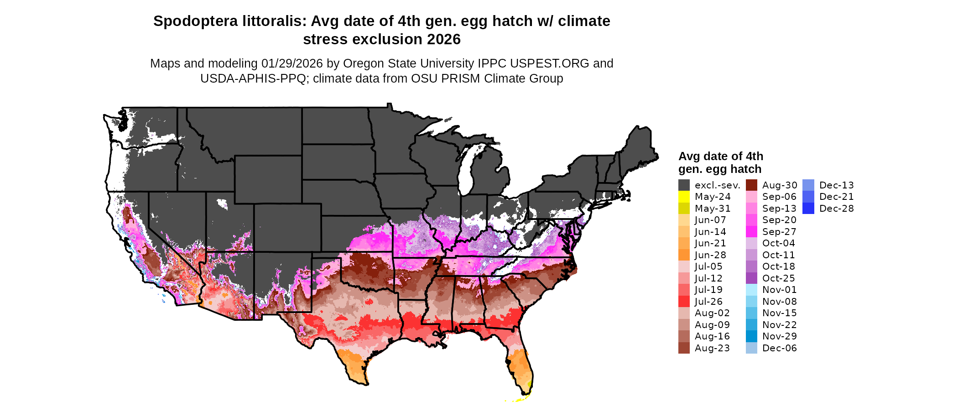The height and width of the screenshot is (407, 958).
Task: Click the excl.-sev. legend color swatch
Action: [x=684, y=185]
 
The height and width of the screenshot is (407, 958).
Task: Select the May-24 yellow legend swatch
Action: [x=684, y=197]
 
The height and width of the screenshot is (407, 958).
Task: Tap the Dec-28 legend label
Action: [x=836, y=209]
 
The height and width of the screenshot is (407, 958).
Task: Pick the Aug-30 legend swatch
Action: [x=751, y=185]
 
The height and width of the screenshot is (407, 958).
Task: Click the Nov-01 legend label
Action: [x=779, y=290]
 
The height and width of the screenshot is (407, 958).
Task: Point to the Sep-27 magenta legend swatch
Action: [x=751, y=232]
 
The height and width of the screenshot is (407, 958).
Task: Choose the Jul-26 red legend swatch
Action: [x=684, y=302]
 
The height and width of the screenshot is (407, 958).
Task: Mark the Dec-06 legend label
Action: [x=779, y=348]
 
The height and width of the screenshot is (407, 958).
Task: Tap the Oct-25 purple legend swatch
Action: [x=751, y=278]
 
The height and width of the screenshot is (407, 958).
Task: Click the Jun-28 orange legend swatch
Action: [x=684, y=255]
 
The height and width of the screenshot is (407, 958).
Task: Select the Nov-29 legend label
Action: [x=779, y=336]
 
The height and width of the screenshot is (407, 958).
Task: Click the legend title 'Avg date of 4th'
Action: [x=720, y=157]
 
